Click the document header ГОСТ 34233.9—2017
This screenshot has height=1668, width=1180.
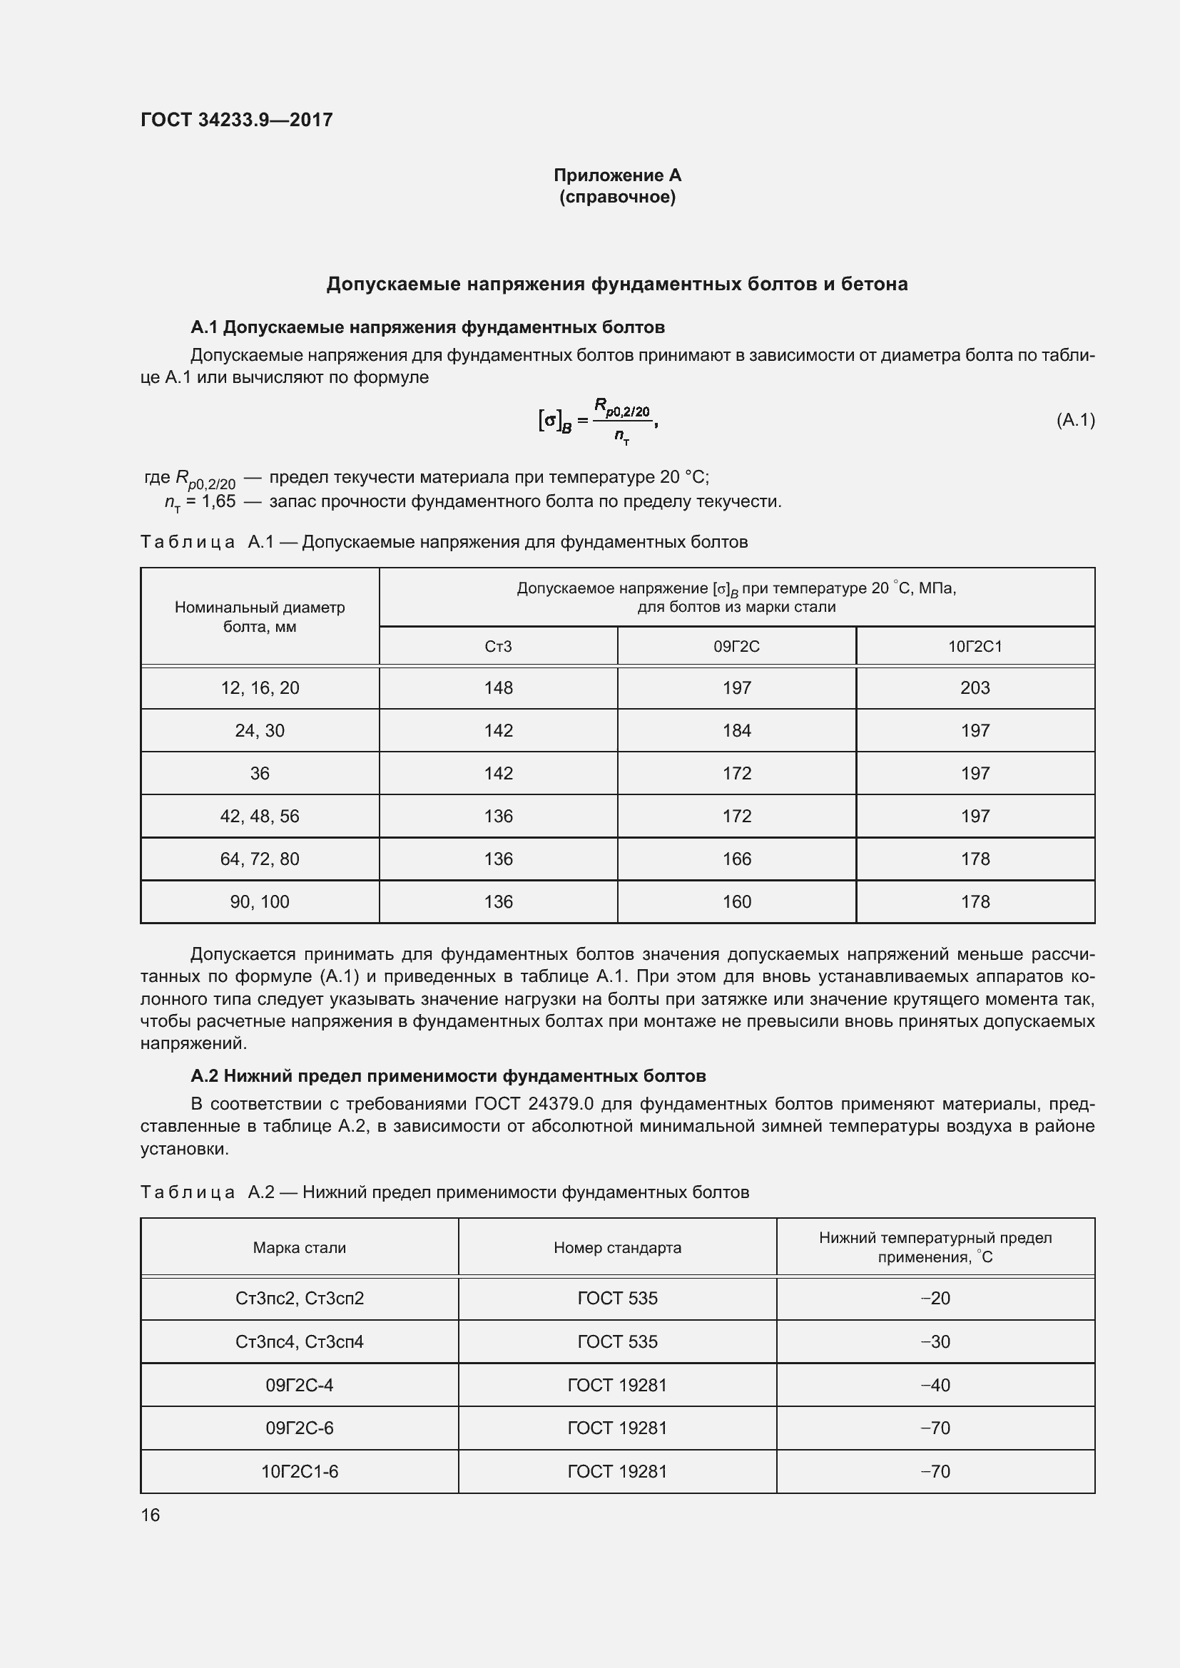pyautogui.click(x=236, y=120)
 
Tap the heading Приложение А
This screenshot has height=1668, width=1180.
pyautogui.click(x=617, y=175)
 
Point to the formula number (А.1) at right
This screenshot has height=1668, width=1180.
pyautogui.click(x=1074, y=420)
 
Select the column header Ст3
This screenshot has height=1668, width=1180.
pyautogui.click(x=498, y=647)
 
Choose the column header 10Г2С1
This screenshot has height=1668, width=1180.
pyautogui.click(x=975, y=647)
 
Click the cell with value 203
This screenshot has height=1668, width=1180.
pyautogui.click(x=975, y=688)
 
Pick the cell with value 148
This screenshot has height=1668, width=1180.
pyautogui.click(x=498, y=688)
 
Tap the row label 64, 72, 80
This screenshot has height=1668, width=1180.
pyautogui.click(x=260, y=859)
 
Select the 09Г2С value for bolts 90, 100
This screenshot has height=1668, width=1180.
pyautogui.click(x=736, y=901)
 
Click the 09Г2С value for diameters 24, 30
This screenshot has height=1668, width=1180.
pyautogui.click(x=736, y=731)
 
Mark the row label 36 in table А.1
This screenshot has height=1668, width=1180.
pyautogui.click(x=260, y=774)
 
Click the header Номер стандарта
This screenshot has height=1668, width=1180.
pyautogui.click(x=617, y=1247)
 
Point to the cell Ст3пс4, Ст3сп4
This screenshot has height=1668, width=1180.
pyautogui.click(x=300, y=1342)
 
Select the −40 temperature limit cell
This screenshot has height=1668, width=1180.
pyautogui.click(x=935, y=1385)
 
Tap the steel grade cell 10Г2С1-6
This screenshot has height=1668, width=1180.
pyautogui.click(x=300, y=1471)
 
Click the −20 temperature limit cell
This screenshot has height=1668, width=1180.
pyautogui.click(x=935, y=1298)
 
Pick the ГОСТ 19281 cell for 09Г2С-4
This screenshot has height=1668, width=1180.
pyautogui.click(x=617, y=1385)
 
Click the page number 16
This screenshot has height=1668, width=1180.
pyautogui.click(x=151, y=1515)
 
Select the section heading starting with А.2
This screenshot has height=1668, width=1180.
pyautogui.click(x=447, y=1075)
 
